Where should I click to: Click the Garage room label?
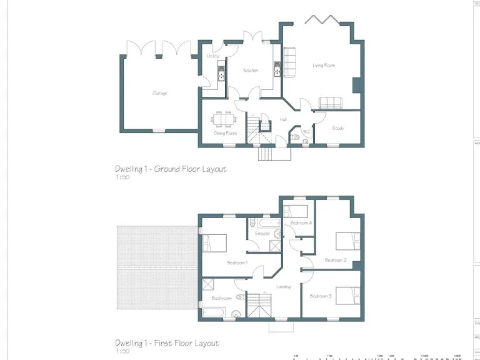[159, 93]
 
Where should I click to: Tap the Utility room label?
[213, 56]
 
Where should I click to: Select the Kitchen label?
[251, 71]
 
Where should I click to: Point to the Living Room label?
[324, 65]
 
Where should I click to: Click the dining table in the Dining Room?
[223, 119]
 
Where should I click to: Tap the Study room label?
[337, 128]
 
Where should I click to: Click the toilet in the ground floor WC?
[305, 142]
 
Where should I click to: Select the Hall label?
[283, 119]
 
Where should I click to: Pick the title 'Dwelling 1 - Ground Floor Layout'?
[170, 169]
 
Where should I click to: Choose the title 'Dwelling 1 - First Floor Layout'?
[167, 343]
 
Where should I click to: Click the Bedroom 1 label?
[237, 262]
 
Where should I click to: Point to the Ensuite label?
[262, 234]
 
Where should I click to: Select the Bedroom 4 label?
[301, 223]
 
